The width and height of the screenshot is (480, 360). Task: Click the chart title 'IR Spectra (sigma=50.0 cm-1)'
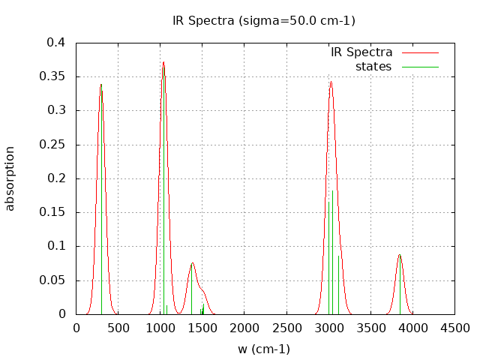[264, 20]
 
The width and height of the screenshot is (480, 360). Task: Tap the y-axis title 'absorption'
[10, 178]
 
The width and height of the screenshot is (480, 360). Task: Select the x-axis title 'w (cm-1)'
[264, 349]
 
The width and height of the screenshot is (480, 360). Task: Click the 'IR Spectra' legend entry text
[361, 52]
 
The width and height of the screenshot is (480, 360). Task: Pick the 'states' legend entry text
[373, 67]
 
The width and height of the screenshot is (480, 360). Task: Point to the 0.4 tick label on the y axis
[56, 43]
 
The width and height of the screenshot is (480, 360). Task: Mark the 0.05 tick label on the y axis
[53, 280]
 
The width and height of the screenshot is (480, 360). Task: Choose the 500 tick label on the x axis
[118, 328]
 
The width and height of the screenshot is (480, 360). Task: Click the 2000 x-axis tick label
[244, 328]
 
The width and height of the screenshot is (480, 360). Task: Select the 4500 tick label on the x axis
[454, 328]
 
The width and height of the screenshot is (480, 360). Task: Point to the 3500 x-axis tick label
[370, 328]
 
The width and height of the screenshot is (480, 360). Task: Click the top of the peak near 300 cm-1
[101, 85]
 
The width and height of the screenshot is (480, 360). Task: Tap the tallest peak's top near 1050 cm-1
[163, 62]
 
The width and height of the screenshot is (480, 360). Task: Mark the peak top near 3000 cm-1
[331, 82]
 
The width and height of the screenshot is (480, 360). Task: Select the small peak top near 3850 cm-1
[400, 255]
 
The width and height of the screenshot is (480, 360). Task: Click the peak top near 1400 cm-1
[193, 263]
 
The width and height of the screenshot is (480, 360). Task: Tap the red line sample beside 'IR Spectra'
[420, 52]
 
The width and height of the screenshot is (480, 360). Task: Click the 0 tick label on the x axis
[76, 328]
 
